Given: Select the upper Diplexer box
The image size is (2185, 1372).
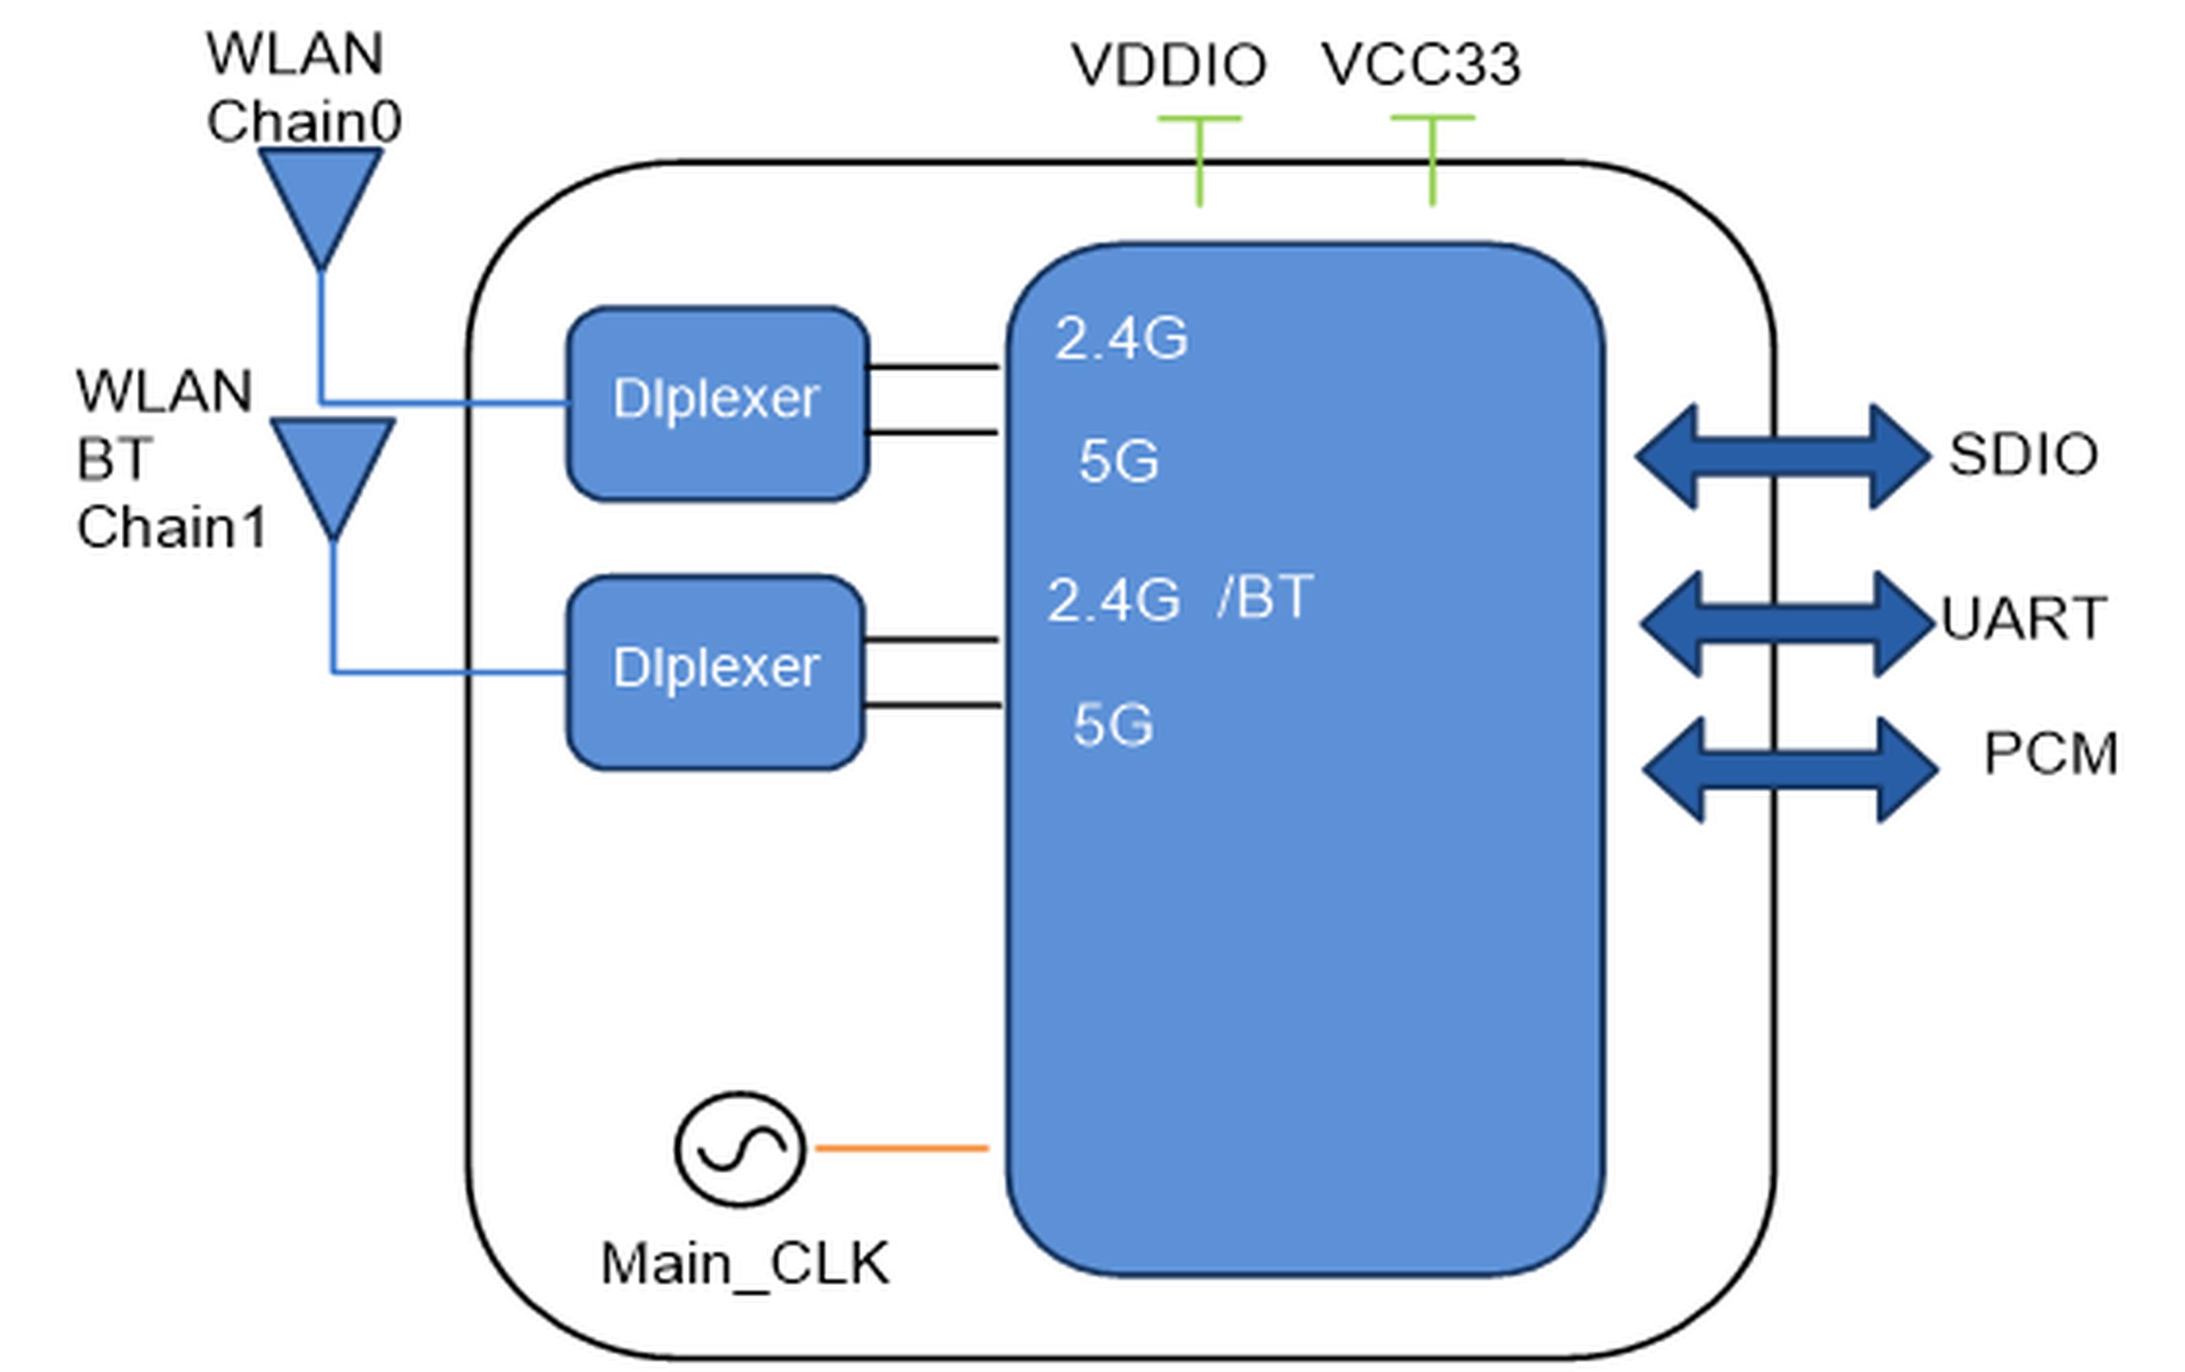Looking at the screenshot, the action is [x=718, y=404].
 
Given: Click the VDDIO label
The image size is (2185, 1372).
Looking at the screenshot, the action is [x=1169, y=65].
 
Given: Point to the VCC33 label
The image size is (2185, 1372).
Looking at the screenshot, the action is [x=1421, y=64].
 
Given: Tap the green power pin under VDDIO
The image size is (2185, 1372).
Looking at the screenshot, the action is [x=1200, y=161].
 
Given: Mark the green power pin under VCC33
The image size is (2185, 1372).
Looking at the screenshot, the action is [x=1433, y=161].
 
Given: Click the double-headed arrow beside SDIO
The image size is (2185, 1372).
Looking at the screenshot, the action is [x=1783, y=456].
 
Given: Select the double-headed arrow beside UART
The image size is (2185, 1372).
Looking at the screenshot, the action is [x=1788, y=624].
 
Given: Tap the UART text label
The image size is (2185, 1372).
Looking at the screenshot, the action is [x=2024, y=618].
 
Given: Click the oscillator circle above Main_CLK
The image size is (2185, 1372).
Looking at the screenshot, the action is [x=740, y=1149].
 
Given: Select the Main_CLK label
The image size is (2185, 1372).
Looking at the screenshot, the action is [x=745, y=1264].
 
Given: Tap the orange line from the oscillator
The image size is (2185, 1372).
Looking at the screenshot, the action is [x=902, y=1149].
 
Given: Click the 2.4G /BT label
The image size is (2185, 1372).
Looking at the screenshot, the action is [x=1179, y=599].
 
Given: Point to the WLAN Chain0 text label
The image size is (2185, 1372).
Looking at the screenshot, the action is [x=303, y=87].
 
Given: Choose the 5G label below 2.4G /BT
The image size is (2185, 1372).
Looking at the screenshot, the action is [x=1113, y=725].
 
